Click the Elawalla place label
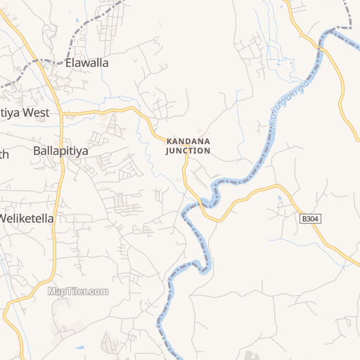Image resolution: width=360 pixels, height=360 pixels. [86, 63]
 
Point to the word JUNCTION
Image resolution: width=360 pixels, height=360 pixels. [188, 150]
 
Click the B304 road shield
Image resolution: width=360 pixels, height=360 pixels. [310, 219]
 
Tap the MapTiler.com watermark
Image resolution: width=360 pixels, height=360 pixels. [78, 291]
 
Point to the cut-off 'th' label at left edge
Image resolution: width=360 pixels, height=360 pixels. [4, 155]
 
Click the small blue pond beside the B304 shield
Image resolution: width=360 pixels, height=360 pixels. [282, 200]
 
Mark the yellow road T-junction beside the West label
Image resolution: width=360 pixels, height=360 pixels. [62, 112]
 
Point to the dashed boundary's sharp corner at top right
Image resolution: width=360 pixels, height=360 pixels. [349, 28]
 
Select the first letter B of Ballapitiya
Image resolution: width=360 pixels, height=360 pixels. [37, 150]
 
